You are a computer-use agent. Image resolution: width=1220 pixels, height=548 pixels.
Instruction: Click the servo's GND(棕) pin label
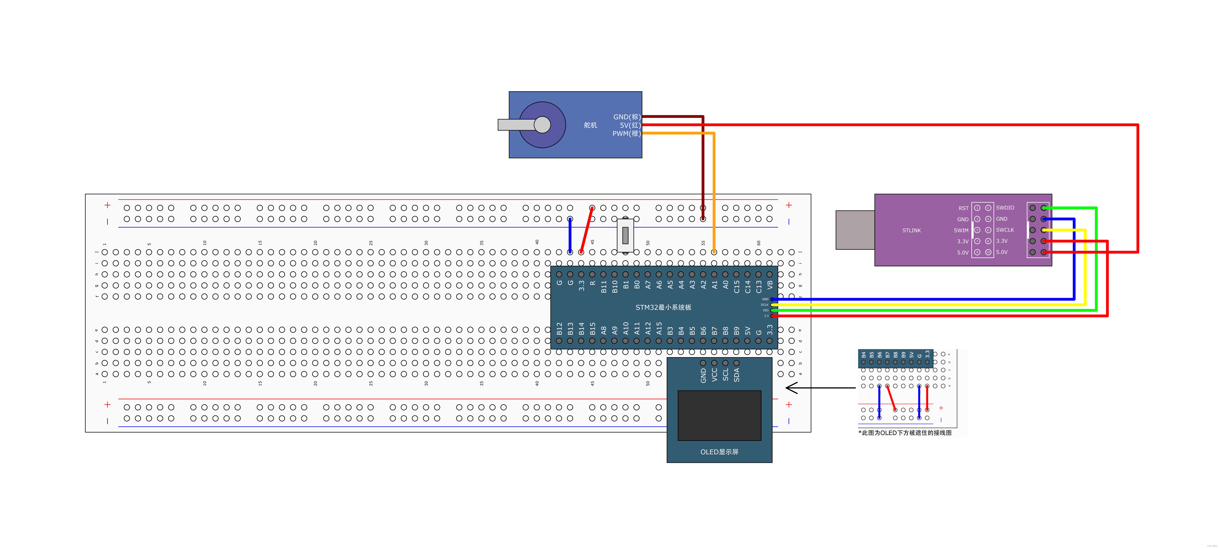(x=626, y=116)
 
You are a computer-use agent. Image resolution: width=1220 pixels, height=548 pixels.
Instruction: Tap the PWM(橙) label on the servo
(x=626, y=134)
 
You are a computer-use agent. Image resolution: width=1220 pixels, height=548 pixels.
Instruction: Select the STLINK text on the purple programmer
(x=911, y=230)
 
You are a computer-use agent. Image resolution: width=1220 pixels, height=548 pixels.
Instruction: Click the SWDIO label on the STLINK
(x=1004, y=207)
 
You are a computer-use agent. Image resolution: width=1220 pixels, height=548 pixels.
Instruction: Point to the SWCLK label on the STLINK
(x=1004, y=230)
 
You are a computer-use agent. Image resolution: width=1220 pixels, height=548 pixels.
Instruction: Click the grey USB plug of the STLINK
(x=855, y=230)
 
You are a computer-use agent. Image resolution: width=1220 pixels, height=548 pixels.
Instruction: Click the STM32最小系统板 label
(x=663, y=307)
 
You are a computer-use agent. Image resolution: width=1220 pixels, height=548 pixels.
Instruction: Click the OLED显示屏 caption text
(x=719, y=452)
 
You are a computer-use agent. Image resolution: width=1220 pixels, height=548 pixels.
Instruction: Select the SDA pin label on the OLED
(x=736, y=375)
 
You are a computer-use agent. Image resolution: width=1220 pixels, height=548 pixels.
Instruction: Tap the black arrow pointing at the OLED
(x=819, y=388)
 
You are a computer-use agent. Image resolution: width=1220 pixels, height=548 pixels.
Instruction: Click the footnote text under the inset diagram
(x=905, y=432)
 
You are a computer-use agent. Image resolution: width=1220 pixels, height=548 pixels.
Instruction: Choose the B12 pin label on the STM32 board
(x=559, y=329)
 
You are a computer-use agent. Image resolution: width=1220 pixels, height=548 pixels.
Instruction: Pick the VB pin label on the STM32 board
(x=770, y=285)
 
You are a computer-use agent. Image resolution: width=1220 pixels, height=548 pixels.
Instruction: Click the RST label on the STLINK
(x=963, y=208)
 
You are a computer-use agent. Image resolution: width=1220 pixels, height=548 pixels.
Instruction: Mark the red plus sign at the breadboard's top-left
(x=108, y=205)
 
